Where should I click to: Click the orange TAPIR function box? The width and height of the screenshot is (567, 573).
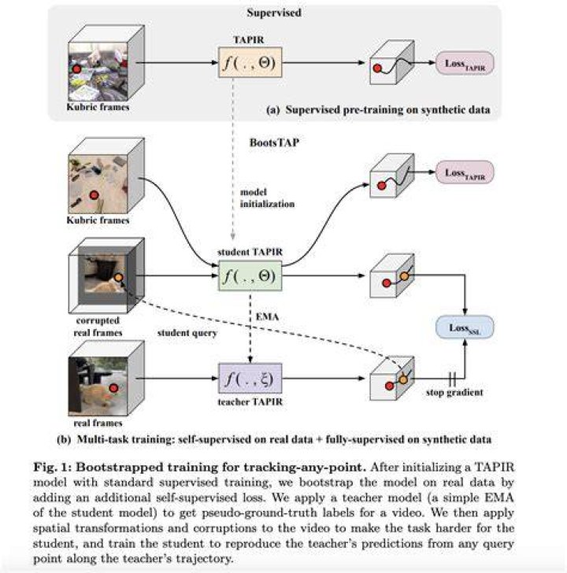(250, 62)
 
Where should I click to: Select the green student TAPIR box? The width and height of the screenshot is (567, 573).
(250, 275)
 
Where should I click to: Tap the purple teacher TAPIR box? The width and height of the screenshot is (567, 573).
(250, 379)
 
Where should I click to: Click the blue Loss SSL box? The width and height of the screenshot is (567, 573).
(465, 327)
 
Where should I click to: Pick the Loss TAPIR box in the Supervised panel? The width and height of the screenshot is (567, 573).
(465, 63)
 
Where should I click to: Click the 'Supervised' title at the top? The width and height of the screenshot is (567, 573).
(274, 13)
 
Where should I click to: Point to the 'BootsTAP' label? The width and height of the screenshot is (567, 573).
(274, 142)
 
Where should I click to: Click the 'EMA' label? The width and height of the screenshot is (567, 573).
(267, 316)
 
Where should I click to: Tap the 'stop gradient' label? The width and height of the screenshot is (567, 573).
(454, 393)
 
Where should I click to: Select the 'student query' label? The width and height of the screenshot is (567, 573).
(187, 333)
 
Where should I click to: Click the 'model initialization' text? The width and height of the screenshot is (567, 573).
(267, 198)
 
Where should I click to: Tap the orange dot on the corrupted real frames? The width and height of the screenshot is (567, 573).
(118, 277)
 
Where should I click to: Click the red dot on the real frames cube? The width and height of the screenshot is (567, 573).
(113, 388)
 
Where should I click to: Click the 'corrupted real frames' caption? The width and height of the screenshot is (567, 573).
(98, 327)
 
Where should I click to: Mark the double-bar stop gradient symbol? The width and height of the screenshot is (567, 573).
(452, 379)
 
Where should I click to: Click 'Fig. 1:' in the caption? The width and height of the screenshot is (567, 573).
(52, 468)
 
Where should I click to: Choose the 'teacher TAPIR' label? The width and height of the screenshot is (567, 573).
(250, 402)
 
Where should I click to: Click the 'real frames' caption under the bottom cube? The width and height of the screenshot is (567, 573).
(98, 423)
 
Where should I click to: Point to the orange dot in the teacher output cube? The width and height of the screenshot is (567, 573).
(403, 379)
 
